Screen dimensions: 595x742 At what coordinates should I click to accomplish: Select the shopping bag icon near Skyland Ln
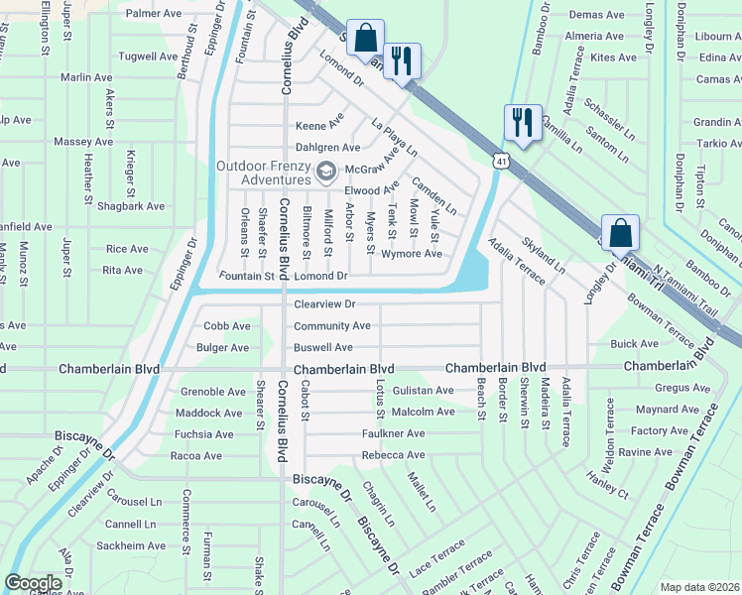[620, 233]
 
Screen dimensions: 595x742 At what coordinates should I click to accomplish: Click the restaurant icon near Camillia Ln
[523, 122]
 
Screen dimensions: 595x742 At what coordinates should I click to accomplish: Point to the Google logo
[33, 583]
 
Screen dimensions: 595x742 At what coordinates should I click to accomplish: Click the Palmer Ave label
[153, 14]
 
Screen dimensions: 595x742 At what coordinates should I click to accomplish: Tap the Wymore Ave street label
[412, 254]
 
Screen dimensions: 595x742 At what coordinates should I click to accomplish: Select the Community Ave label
[331, 326]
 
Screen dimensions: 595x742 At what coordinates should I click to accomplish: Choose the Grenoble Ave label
[211, 391]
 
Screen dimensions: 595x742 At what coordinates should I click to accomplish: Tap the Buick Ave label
[634, 344]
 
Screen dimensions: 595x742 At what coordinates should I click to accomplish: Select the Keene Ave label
[319, 126]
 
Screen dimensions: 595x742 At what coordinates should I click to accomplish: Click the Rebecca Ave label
[393, 456]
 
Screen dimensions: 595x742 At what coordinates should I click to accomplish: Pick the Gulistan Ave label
[422, 391]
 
